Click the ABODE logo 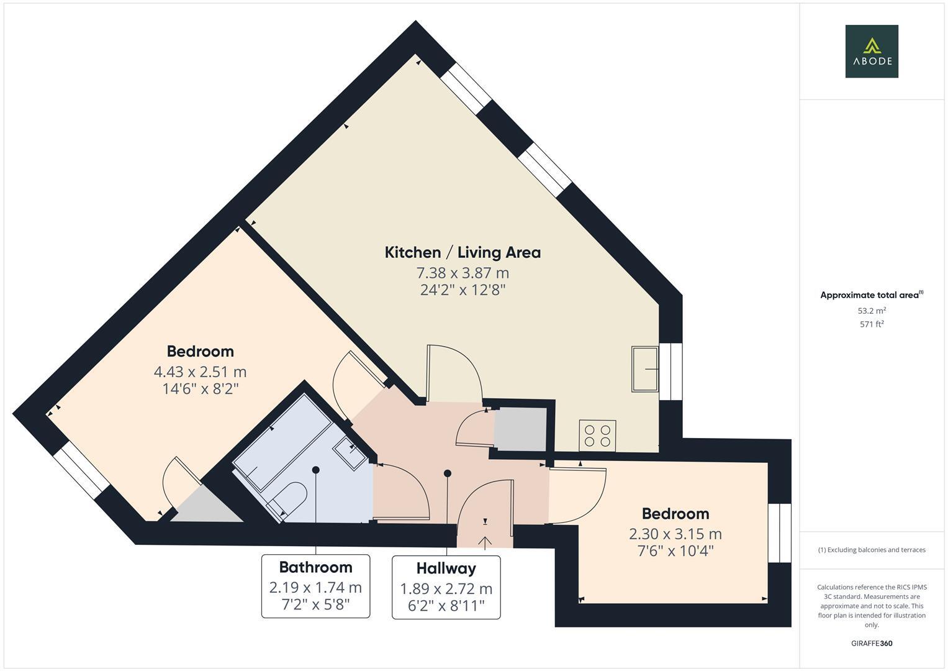pos(871,52)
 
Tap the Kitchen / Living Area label pos(463,252)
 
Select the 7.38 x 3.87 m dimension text pos(463,273)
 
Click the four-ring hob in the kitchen pos(597,435)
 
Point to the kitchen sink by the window pos(645,369)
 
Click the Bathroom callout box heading pos(315,567)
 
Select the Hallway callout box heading pos(446,568)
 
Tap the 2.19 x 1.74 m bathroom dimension pos(315,587)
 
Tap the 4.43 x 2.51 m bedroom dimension pos(200,372)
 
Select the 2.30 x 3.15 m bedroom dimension pos(675,534)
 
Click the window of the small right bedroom pos(780,532)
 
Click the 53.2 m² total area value pos(871,311)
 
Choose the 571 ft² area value pos(871,324)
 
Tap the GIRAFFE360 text pos(871,643)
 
